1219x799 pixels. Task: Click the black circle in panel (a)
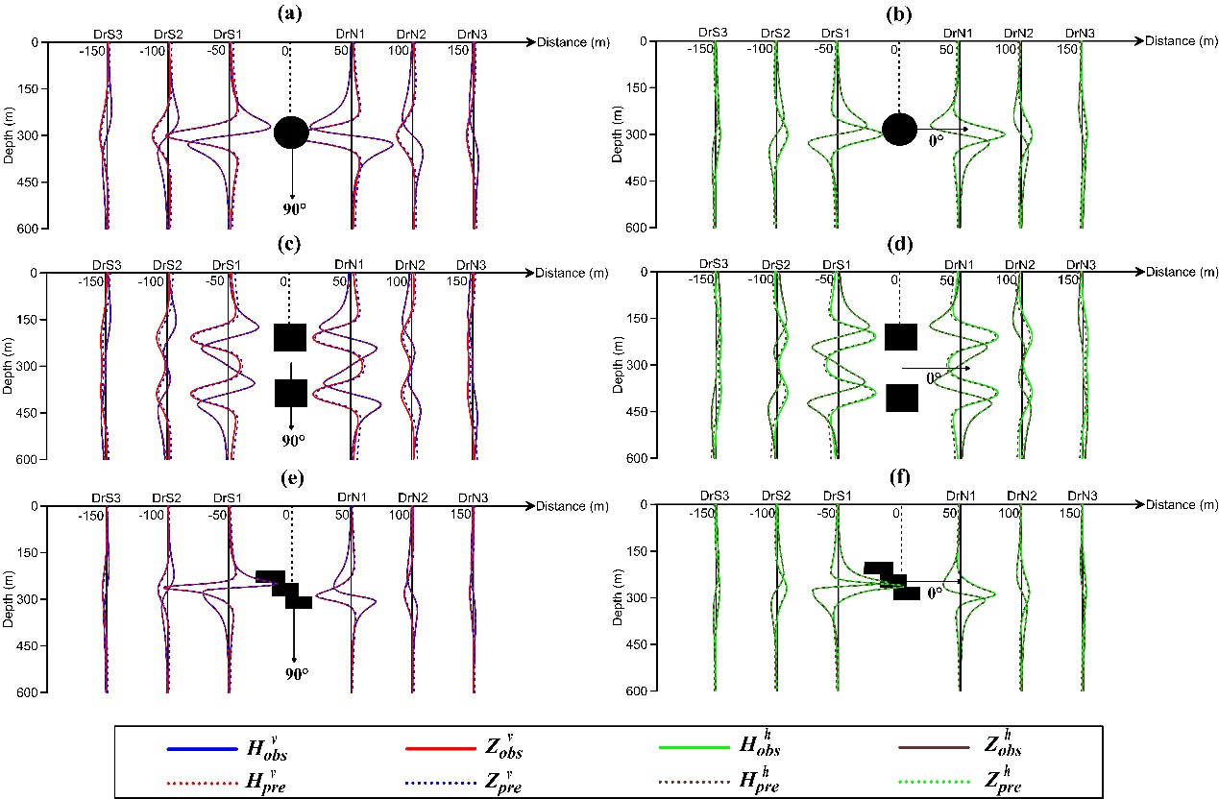[x=291, y=132]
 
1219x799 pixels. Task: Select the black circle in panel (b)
[x=900, y=129]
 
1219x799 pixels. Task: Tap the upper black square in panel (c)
[x=290, y=338]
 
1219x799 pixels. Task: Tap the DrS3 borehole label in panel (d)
[x=712, y=263]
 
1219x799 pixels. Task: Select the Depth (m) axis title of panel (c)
[x=8, y=366]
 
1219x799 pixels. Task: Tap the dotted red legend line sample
[x=202, y=779]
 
